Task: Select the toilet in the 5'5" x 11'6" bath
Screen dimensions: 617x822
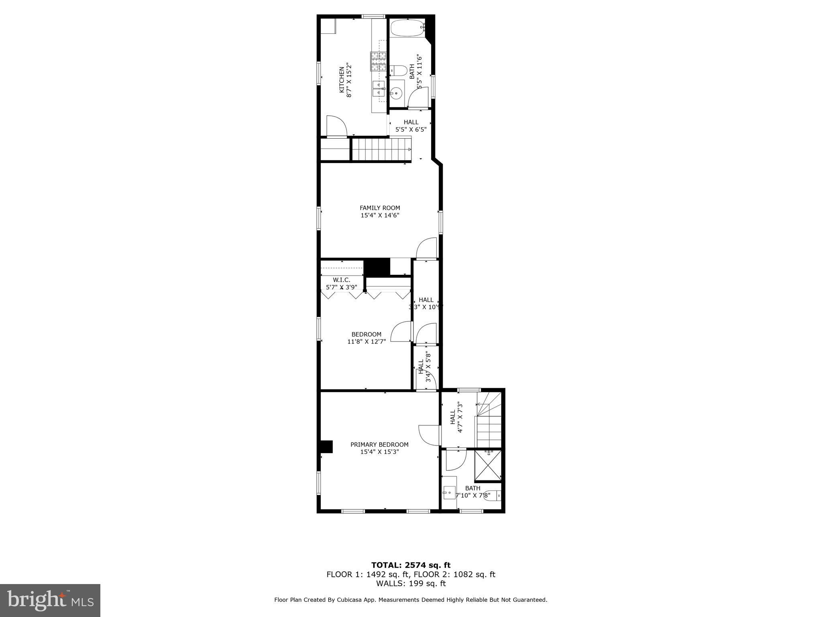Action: [x=398, y=71]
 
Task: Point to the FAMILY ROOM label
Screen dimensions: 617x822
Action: [x=380, y=211]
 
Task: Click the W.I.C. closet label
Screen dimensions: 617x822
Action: [x=342, y=283]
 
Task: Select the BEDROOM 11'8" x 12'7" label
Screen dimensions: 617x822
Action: [x=366, y=338]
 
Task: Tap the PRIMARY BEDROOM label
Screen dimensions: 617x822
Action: [x=379, y=448]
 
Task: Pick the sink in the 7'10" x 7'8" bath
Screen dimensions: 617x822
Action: [x=449, y=491]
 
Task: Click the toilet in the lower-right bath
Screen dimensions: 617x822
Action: [x=494, y=496]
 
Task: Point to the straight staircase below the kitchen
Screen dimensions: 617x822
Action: [x=381, y=149]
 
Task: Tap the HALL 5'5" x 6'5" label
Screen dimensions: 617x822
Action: [x=411, y=126]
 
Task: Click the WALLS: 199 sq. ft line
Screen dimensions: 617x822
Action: [x=411, y=584]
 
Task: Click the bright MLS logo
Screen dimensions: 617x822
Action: [x=50, y=600]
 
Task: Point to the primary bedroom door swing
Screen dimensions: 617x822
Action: [x=429, y=435]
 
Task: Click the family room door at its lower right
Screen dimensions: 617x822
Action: [x=426, y=249]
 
